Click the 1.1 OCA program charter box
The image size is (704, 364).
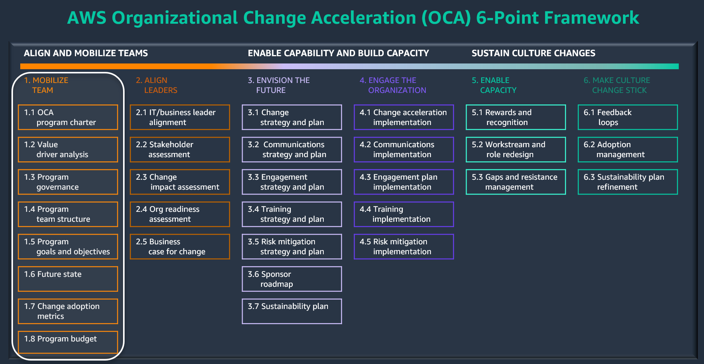tap(68, 117)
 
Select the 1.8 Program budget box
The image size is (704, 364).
tap(68, 342)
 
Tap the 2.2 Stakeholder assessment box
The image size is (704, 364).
tap(180, 149)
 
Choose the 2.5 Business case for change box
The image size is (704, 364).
tap(180, 247)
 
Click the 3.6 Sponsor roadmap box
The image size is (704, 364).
tap(292, 279)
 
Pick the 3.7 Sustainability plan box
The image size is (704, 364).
tap(292, 311)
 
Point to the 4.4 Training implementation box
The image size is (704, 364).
tap(404, 214)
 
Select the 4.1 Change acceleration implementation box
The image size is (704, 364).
tap(404, 117)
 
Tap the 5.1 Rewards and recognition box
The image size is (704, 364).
tap(516, 117)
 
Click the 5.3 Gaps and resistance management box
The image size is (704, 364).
tap(516, 182)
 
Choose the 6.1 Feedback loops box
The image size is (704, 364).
tap(628, 117)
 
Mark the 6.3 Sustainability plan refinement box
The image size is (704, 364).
tap(628, 182)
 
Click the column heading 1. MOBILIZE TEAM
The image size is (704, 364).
tap(46, 85)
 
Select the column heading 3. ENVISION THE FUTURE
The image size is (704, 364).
tap(279, 85)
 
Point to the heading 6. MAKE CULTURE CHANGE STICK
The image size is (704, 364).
tap(617, 85)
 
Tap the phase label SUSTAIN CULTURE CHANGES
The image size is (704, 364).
tap(533, 53)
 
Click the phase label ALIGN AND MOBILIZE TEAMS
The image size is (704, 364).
tap(86, 53)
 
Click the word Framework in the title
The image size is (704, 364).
tap(591, 18)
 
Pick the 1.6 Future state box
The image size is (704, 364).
tap(68, 279)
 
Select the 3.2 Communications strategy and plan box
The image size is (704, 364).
tap(292, 149)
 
